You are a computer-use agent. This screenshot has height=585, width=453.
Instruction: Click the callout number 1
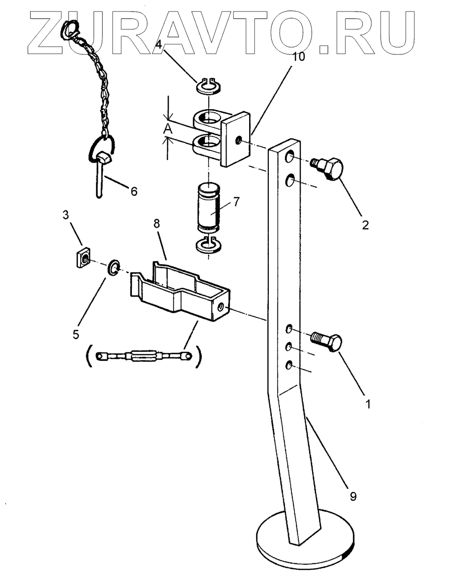pyautogui.click(x=367, y=403)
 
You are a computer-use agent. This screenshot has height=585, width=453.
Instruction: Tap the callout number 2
pyautogui.click(x=365, y=225)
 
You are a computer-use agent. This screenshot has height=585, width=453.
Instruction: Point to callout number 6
pyautogui.click(x=134, y=191)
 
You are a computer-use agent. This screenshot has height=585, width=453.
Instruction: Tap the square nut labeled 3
pyautogui.click(x=82, y=259)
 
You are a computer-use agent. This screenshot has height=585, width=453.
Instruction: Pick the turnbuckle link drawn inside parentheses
pyautogui.click(x=146, y=356)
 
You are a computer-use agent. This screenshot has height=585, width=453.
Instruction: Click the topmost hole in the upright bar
pyautogui.click(x=290, y=159)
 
